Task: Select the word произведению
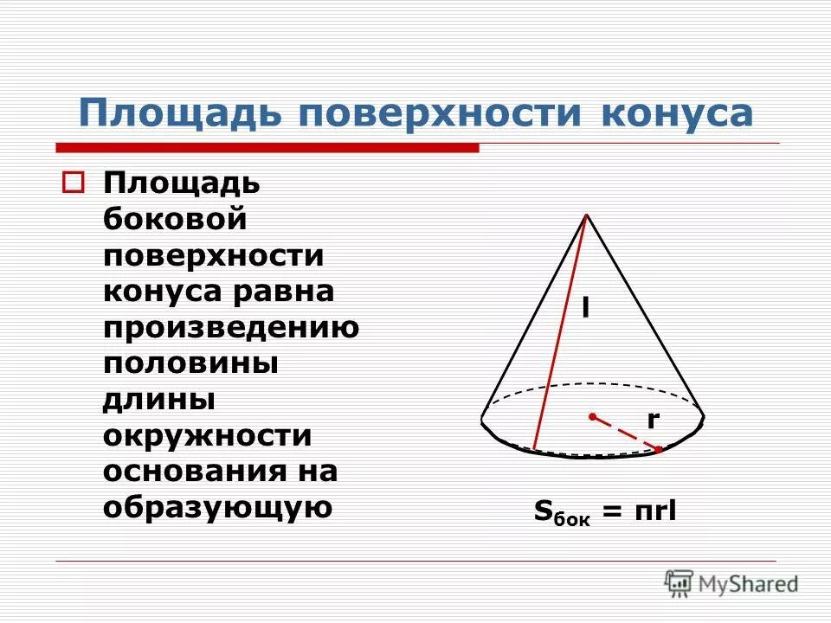[x=231, y=328]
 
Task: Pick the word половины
[x=190, y=363]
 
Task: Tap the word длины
[x=158, y=401]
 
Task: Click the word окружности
[x=207, y=436]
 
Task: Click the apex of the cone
[x=587, y=215]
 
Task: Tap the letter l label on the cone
[x=585, y=308]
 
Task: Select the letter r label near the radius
[x=653, y=420]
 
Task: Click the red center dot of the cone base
[x=592, y=417]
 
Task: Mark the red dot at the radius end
[x=659, y=449]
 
